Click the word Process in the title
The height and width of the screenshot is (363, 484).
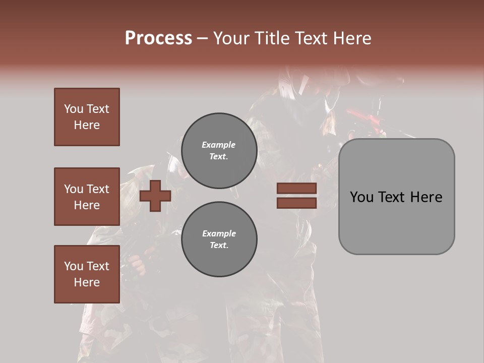pyautogui.click(x=158, y=38)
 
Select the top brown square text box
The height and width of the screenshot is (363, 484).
pyautogui.click(x=87, y=117)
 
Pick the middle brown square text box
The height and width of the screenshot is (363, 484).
pyautogui.click(x=87, y=197)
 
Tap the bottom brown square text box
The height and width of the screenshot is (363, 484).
pyautogui.click(x=87, y=274)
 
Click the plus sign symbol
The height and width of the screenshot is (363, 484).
pyautogui.click(x=155, y=196)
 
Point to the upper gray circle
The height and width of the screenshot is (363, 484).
pyautogui.click(x=219, y=150)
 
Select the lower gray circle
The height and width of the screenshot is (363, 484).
pyautogui.click(x=219, y=239)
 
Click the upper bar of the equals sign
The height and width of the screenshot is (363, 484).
pyautogui.click(x=296, y=188)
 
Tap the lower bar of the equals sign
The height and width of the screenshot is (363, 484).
pyautogui.click(x=296, y=203)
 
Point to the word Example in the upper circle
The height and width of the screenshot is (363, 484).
pyautogui.click(x=218, y=145)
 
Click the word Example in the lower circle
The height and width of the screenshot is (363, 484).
pyautogui.click(x=219, y=233)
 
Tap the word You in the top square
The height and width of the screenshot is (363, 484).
pyautogui.click(x=73, y=109)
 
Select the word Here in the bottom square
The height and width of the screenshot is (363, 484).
pyautogui.click(x=87, y=282)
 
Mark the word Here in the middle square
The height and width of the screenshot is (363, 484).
pyautogui.click(x=87, y=205)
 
